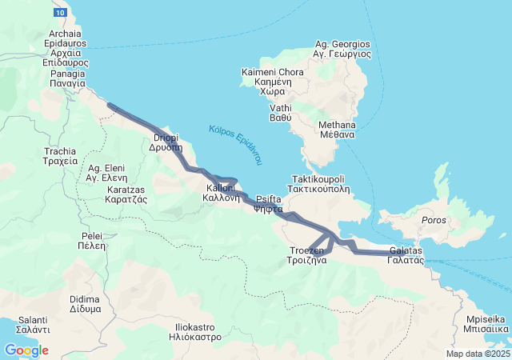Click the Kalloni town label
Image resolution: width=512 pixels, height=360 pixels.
pos(222,192)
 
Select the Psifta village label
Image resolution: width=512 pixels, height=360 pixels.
pos(268,204)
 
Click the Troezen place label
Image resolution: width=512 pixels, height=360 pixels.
pos(307,255)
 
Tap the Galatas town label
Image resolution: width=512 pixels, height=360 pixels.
pos(406,255)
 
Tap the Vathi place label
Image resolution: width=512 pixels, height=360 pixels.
pos(280,113)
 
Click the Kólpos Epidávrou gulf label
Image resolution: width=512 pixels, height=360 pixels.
pos(235,145)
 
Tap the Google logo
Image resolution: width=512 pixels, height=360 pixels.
pos(26,350)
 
